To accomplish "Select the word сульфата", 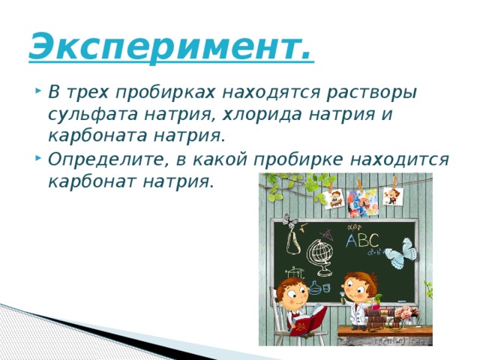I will click(90, 115).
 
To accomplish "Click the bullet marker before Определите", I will click(37, 160).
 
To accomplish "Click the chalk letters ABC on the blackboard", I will click(361, 240).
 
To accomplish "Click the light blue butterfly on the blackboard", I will click(402, 250).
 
